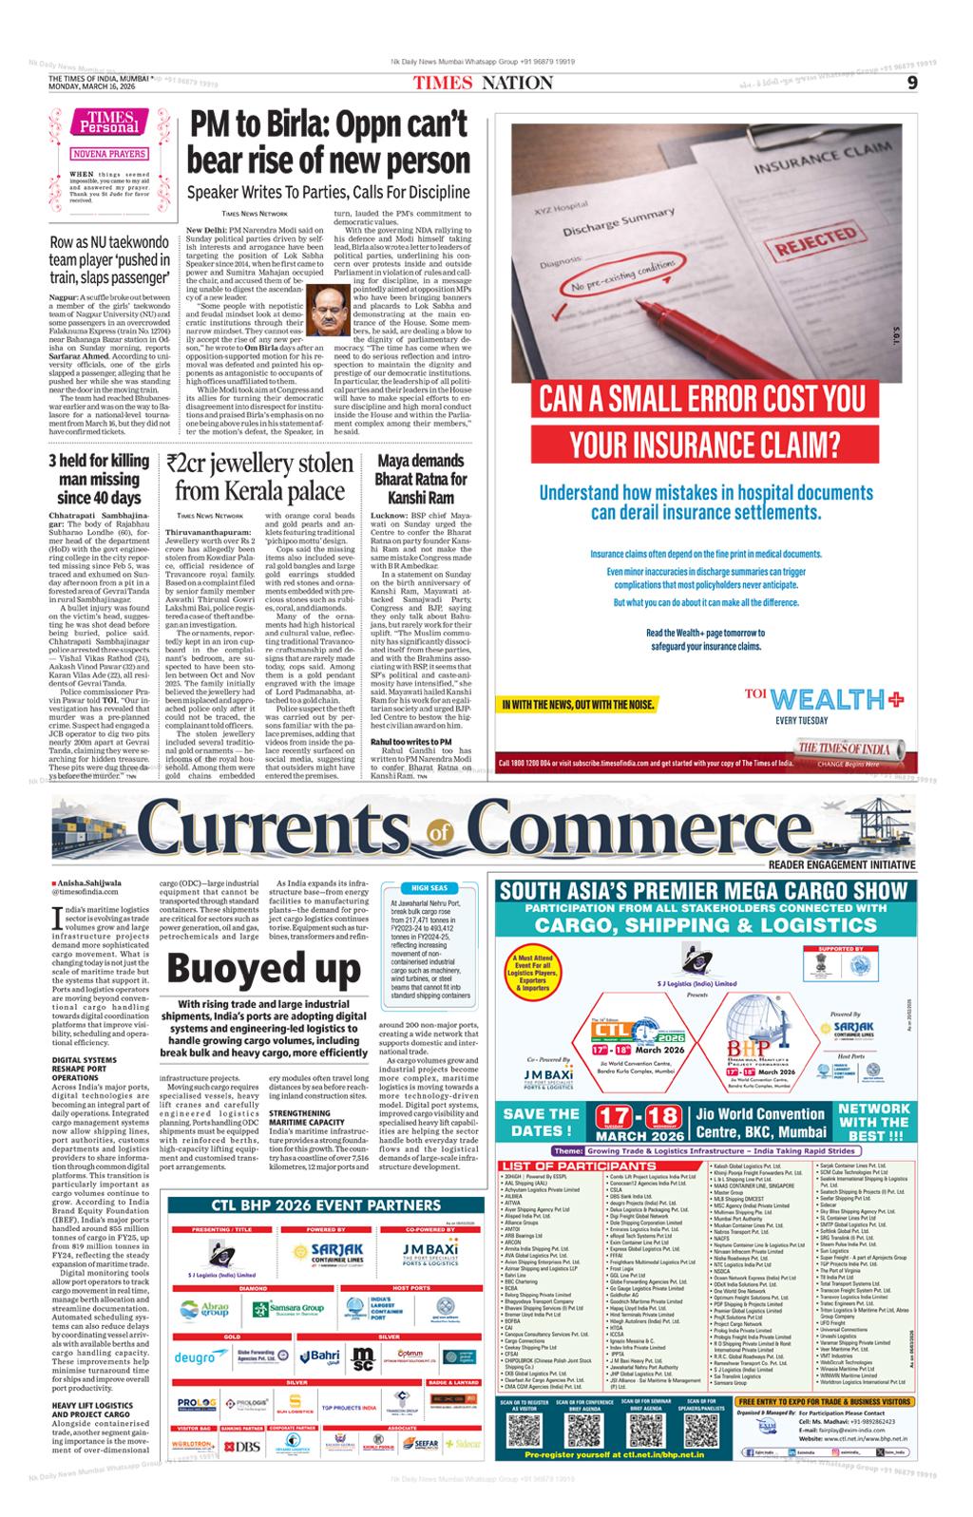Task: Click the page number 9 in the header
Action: (x=911, y=83)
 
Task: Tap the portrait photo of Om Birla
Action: (x=328, y=308)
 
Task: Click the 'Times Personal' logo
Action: (x=107, y=123)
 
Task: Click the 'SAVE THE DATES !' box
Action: (x=541, y=1122)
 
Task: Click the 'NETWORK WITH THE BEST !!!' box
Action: (x=873, y=1122)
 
